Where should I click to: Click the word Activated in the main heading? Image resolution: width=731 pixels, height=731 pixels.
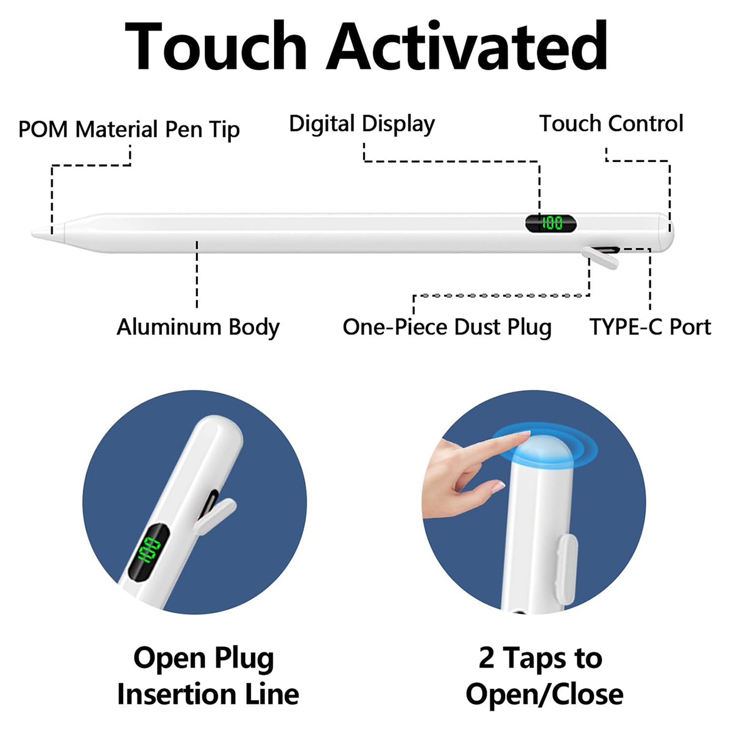[467, 46]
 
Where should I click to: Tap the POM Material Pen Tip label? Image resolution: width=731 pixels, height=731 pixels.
[129, 130]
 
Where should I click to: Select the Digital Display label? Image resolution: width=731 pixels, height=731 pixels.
[362, 124]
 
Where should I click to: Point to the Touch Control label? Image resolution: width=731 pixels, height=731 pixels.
[611, 124]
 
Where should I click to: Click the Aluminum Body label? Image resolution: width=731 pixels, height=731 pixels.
[198, 327]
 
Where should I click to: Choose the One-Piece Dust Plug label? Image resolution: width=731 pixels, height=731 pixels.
[447, 327]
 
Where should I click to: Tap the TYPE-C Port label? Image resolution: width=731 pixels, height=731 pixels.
[650, 327]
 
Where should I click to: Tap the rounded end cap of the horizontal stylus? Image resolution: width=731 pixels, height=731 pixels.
[666, 232]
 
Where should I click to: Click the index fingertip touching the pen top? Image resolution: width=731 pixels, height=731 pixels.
[525, 435]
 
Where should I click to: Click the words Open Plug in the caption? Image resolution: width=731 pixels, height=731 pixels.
[203, 659]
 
